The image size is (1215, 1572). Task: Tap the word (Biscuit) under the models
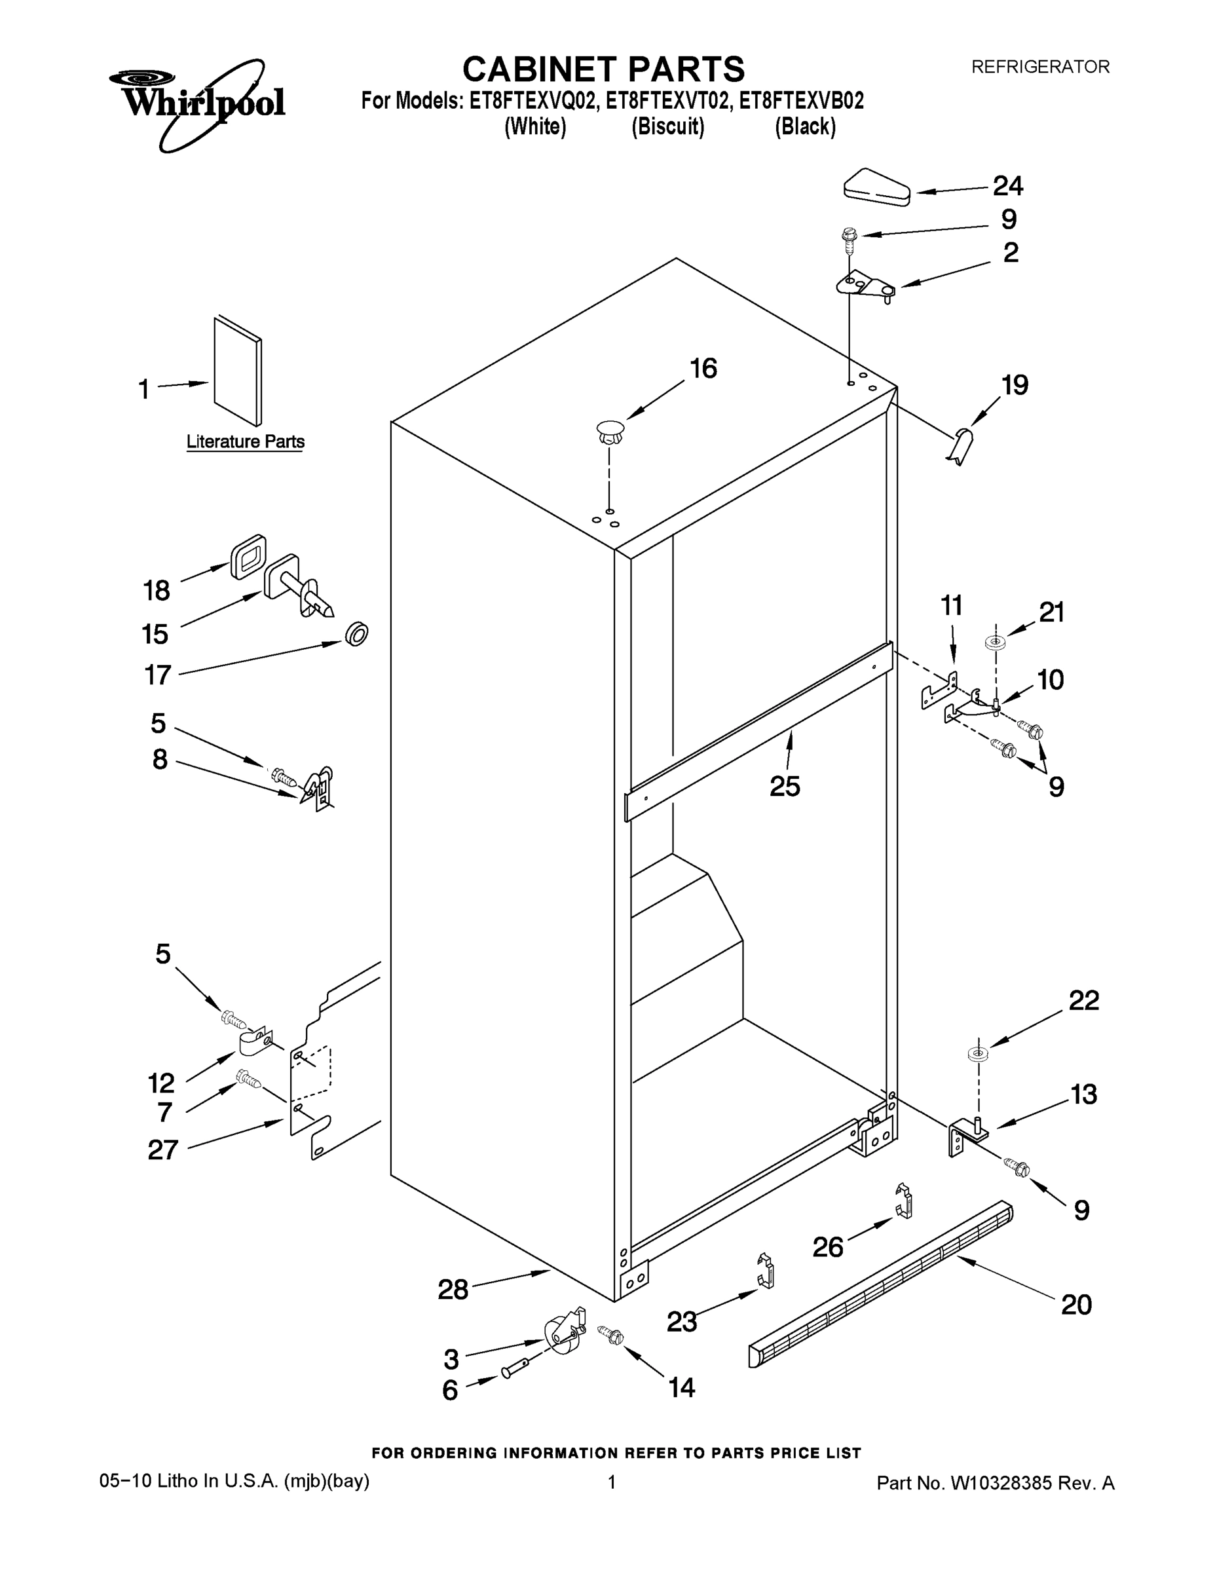(667, 128)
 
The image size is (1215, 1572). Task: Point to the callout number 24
(1008, 187)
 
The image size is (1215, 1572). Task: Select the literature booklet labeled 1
(238, 371)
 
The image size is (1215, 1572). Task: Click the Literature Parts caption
(246, 441)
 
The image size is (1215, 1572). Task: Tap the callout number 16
(703, 369)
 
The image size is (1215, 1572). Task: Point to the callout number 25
(785, 786)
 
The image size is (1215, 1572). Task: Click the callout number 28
(453, 1290)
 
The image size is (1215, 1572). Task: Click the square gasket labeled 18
(248, 556)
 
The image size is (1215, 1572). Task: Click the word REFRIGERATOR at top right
(1040, 67)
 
